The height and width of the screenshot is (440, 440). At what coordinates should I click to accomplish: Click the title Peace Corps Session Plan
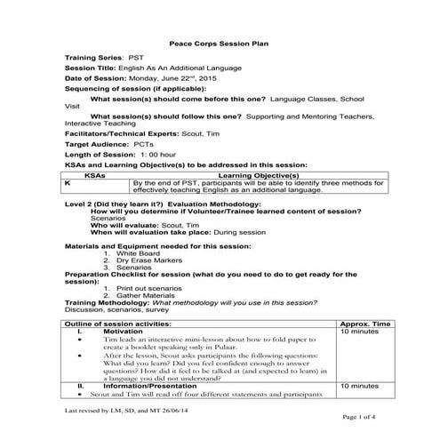(x=219, y=43)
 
